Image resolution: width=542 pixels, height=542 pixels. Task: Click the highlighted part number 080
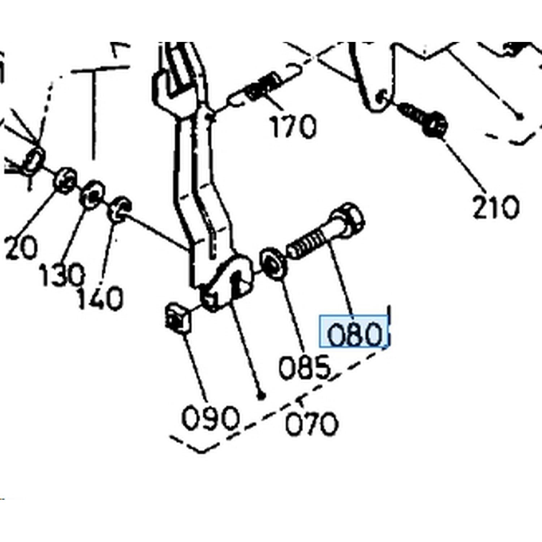[x=354, y=334]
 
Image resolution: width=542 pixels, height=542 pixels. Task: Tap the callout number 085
[x=305, y=367]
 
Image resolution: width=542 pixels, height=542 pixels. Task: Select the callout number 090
[x=211, y=418]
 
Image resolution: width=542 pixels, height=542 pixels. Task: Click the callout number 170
[x=293, y=126]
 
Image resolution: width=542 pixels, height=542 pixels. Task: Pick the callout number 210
[x=496, y=207]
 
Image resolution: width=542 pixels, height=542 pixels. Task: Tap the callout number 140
[x=100, y=299]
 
